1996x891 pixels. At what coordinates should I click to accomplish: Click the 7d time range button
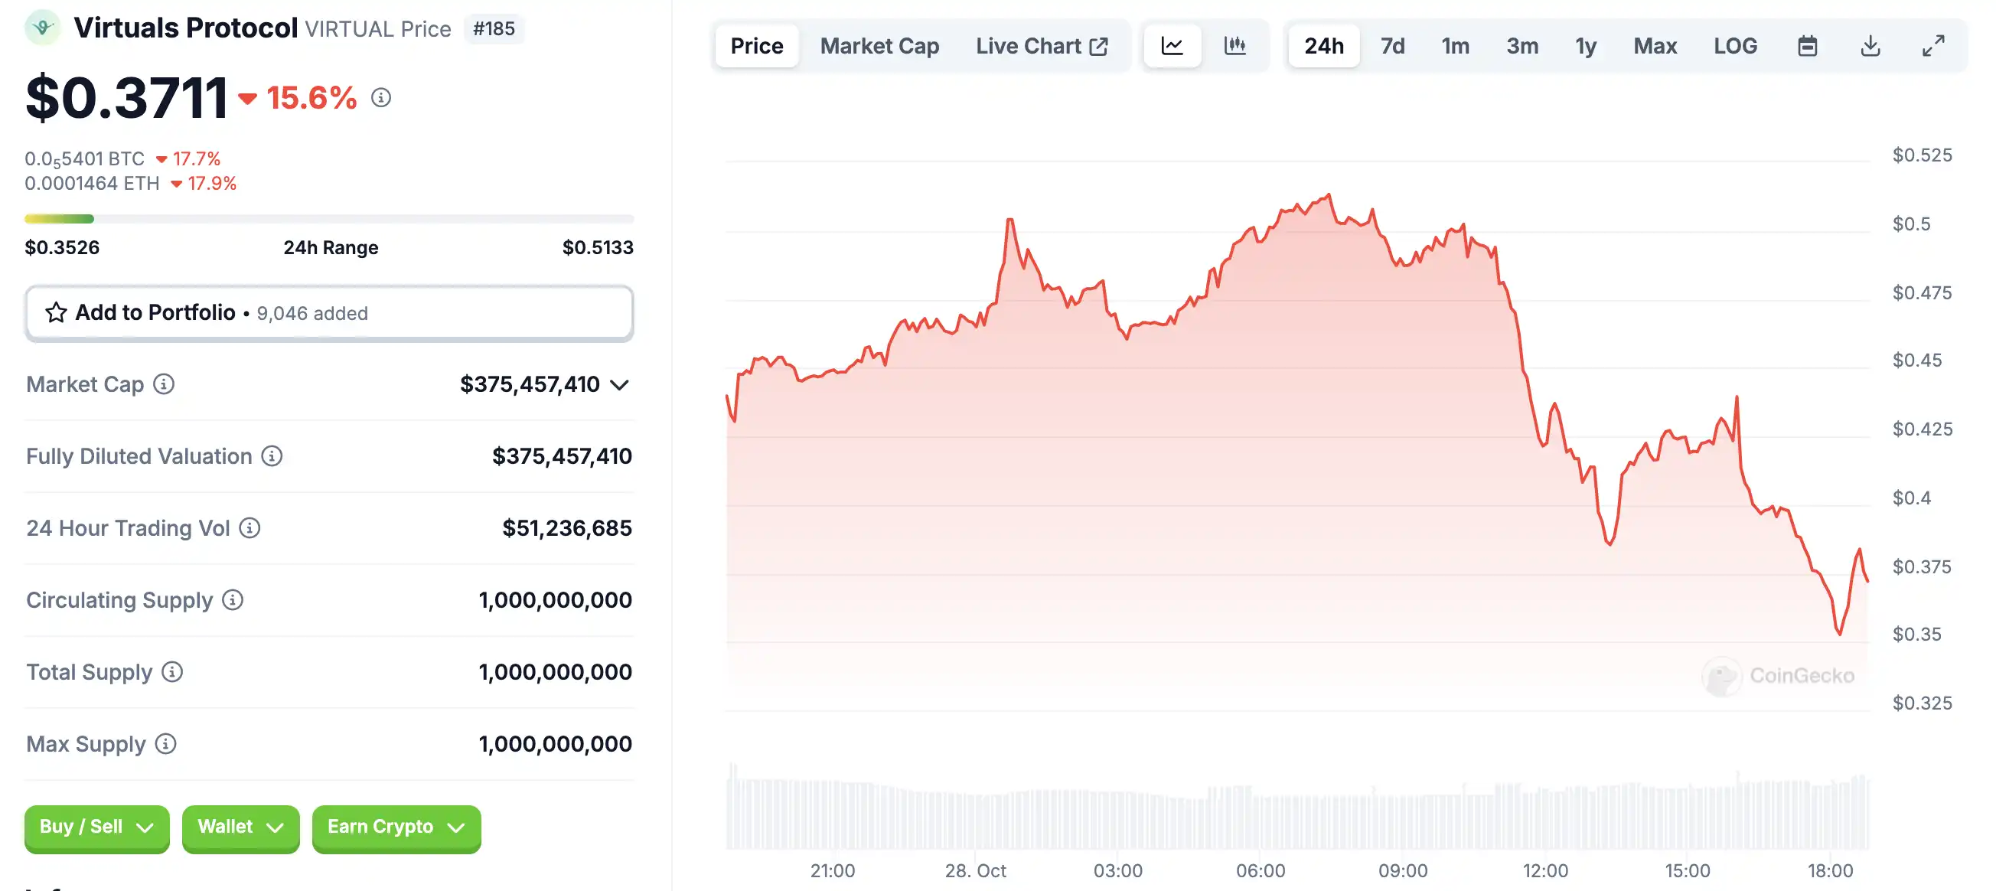pos(1391,47)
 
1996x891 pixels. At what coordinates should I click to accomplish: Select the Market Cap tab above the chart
pos(879,47)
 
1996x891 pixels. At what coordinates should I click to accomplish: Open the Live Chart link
pos(1041,47)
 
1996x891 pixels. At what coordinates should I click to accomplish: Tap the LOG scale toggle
pos(1734,47)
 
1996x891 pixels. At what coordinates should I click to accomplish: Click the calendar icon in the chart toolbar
pos(1807,47)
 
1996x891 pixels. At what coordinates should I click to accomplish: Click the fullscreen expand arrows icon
pos(1932,47)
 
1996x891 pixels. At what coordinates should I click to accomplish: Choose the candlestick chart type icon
pos(1234,47)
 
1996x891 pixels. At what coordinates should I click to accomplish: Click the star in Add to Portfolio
pos(56,312)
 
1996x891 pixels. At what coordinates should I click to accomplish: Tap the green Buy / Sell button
pos(96,827)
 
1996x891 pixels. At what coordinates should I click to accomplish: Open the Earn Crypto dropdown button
pos(395,827)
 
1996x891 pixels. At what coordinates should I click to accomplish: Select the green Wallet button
pos(240,827)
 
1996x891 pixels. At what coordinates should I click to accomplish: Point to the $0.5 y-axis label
pos(1911,224)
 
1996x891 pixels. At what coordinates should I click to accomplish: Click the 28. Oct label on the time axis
pos(975,870)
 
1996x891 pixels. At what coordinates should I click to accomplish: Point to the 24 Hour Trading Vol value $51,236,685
pos(566,527)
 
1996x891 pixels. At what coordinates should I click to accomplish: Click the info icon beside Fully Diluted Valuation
pos(271,455)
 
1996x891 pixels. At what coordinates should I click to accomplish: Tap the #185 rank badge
pos(494,28)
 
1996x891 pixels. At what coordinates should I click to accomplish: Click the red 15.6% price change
pos(311,98)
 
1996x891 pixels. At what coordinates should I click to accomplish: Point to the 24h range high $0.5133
pos(598,247)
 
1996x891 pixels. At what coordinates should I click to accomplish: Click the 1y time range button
pos(1585,47)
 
